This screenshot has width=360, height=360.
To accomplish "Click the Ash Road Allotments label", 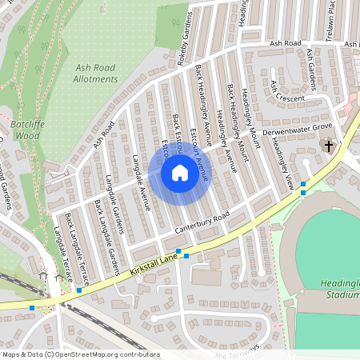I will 95,74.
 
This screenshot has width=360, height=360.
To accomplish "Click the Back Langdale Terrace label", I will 77,250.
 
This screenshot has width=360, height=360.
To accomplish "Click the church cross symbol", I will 328,146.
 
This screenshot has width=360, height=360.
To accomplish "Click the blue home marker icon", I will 180,173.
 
